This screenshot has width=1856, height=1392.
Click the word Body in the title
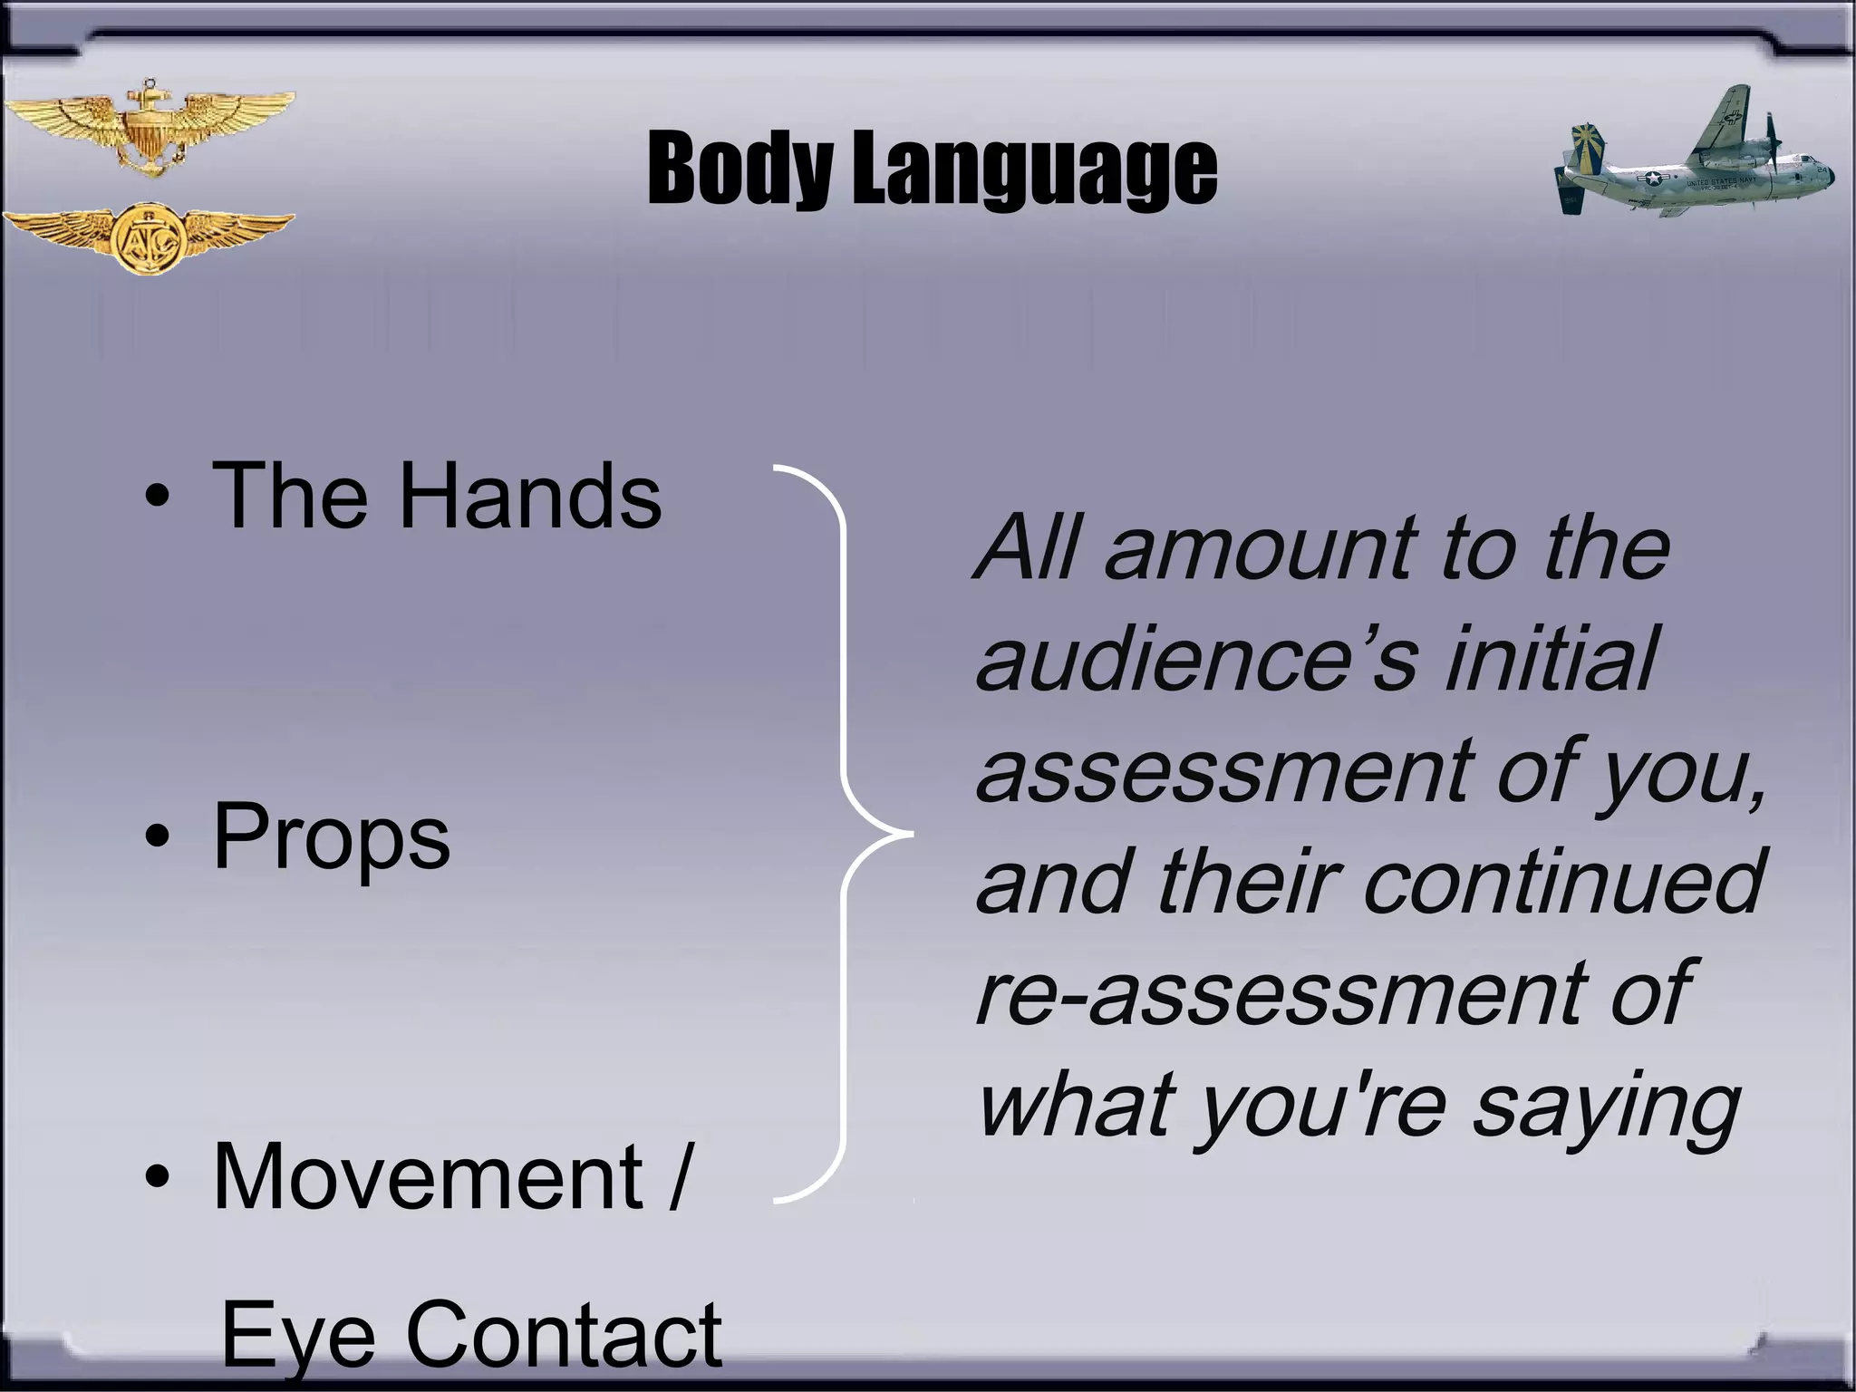click(739, 169)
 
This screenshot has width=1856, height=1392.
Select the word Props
click(332, 838)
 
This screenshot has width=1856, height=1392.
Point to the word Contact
click(564, 1334)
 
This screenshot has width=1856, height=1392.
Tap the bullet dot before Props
click(158, 838)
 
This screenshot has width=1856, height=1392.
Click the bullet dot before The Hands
click(158, 497)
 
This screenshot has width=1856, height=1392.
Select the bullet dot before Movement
click(158, 1177)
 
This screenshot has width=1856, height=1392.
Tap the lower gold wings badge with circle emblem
click(149, 237)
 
